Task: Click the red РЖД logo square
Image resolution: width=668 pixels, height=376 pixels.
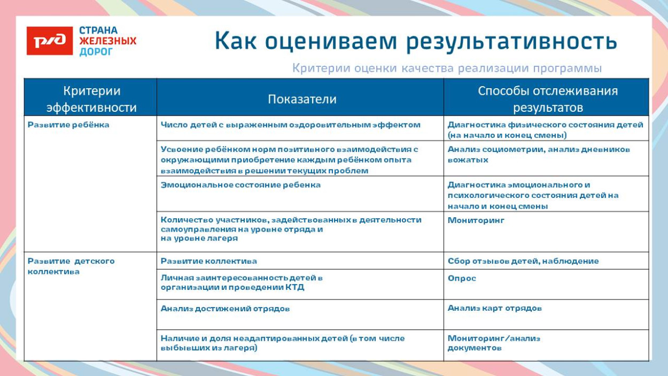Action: [50, 41]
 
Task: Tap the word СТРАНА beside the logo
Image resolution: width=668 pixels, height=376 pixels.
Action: [98, 30]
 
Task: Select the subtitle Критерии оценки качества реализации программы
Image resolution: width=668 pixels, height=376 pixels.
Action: [447, 68]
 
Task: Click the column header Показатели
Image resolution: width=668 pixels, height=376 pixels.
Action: [302, 99]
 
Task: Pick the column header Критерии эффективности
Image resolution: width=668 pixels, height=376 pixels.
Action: [91, 99]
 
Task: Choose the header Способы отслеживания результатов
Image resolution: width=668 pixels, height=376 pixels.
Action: [547, 99]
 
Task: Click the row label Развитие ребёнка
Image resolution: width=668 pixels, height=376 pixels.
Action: [68, 125]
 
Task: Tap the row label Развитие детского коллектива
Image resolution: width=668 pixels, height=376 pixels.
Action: [71, 266]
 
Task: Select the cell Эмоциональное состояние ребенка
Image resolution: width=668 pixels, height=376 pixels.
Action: [240, 185]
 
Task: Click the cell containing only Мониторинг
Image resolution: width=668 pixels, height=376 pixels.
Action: [476, 220]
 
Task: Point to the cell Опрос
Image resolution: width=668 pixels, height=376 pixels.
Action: [462, 279]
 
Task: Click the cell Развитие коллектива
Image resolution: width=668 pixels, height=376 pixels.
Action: [209, 261]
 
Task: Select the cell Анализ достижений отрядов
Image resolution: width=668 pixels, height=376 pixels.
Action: [225, 309]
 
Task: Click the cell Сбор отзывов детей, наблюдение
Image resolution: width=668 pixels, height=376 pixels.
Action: [523, 261]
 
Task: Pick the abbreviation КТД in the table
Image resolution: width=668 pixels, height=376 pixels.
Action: [294, 287]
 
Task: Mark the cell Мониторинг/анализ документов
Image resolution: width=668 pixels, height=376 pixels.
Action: [494, 343]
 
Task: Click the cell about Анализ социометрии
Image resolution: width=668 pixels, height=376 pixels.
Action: [539, 154]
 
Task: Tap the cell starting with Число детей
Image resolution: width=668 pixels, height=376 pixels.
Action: [290, 125]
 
